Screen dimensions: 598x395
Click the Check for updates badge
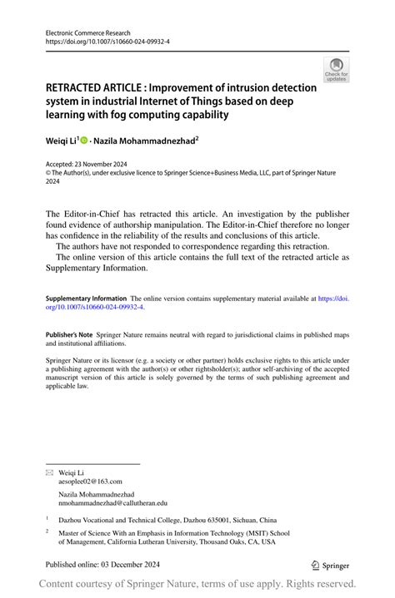336,69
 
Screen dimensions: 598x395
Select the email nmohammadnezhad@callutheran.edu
112,502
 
